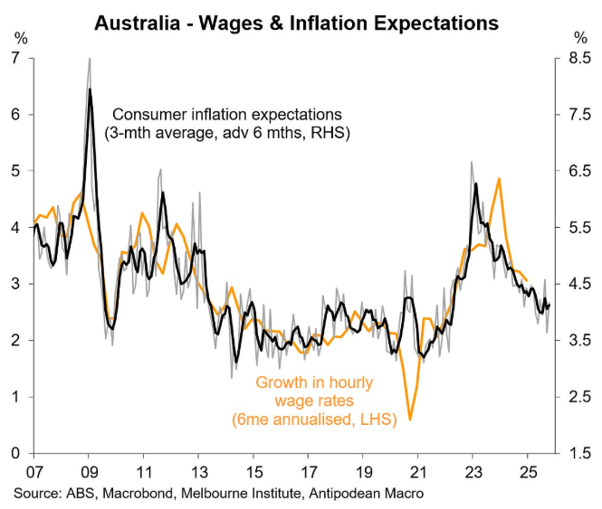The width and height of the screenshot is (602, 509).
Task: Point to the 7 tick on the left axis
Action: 16,58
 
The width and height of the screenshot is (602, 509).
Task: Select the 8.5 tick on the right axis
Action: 579,58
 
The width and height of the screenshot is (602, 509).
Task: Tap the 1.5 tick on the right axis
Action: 579,453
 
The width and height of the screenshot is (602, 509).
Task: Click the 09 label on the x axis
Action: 90,472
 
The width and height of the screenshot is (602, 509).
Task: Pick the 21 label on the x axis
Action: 418,472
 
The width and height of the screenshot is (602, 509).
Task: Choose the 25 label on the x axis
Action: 528,472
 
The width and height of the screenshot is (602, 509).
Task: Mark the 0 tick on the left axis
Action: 16,453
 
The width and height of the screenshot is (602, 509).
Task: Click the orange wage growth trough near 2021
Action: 410,419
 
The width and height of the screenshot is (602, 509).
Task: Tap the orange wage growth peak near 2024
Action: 500,179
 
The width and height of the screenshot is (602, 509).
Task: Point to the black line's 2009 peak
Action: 90,90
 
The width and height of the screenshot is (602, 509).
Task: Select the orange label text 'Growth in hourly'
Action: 312,382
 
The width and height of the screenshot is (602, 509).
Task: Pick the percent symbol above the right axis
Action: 580,38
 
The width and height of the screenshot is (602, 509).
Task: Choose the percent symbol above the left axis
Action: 17,38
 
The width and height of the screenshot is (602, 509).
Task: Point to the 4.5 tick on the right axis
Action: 579,284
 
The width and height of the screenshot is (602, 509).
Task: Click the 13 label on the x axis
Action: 199,472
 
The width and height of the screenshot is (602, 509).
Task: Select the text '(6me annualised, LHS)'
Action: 312,419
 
